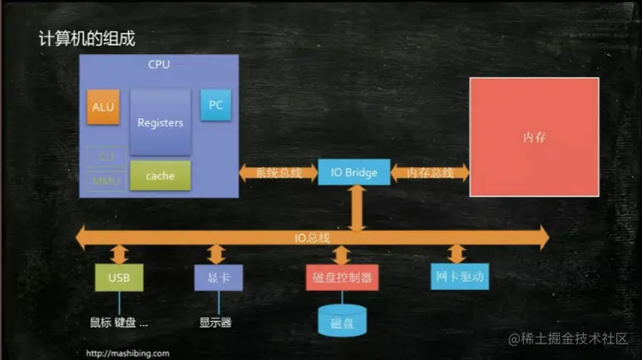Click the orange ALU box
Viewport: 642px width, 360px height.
pyautogui.click(x=104, y=107)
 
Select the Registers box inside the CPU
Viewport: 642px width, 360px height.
pyautogui.click(x=160, y=123)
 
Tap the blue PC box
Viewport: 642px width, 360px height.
pyautogui.click(x=215, y=106)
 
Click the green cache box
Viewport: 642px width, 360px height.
pyautogui.click(x=160, y=175)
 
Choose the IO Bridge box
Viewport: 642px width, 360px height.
pyautogui.click(x=353, y=173)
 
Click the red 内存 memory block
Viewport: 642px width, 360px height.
pyautogui.click(x=534, y=137)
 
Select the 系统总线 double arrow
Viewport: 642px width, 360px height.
pyautogui.click(x=278, y=173)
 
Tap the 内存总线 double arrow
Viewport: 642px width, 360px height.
pyautogui.click(x=429, y=173)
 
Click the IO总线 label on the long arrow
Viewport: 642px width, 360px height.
pyautogui.click(x=312, y=237)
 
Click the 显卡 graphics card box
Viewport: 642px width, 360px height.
pyautogui.click(x=219, y=276)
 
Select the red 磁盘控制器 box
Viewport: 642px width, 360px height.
pyautogui.click(x=342, y=276)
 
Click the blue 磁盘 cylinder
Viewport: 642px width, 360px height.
pyautogui.click(x=342, y=321)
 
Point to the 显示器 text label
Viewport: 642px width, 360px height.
pyautogui.click(x=215, y=322)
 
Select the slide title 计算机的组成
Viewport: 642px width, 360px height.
pyautogui.click(x=86, y=38)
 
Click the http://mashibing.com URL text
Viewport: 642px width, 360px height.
pyautogui.click(x=128, y=353)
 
